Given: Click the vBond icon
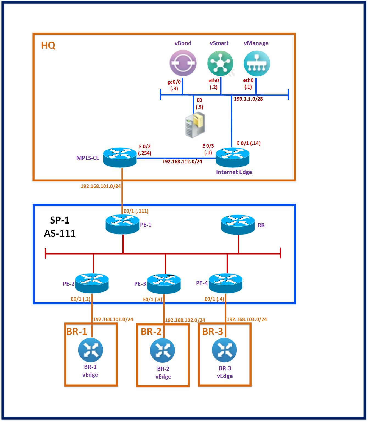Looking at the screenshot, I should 183,63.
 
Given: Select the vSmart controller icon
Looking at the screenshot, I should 220,63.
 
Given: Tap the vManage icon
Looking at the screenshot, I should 257,63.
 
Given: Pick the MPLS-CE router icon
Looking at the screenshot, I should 120,157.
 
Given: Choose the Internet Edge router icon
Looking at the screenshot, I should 233,158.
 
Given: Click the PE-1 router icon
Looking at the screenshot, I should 122,224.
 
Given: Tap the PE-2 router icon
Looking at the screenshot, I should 91,283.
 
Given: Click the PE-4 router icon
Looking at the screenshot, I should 226,283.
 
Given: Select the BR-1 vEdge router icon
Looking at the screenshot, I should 90,350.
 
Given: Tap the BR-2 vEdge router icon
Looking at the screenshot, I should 163,351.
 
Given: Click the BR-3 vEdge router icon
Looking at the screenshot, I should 224,350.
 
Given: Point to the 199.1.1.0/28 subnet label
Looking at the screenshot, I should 248,99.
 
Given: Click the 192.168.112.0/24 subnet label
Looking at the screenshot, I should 182,162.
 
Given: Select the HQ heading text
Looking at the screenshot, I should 48,45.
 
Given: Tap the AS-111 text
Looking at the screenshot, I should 60,233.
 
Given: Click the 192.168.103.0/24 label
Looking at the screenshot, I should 247,319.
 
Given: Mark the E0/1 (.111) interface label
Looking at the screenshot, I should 136,211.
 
